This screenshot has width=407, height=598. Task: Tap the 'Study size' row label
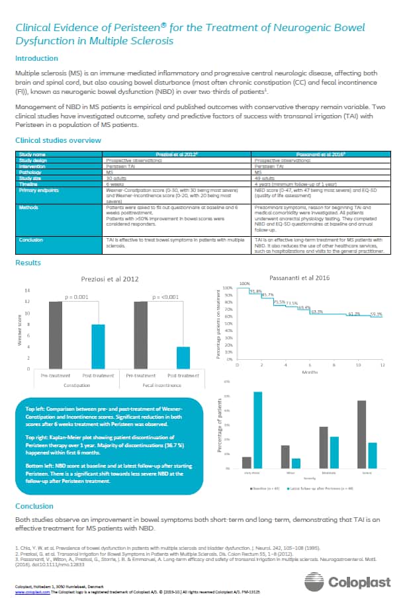tap(33, 178)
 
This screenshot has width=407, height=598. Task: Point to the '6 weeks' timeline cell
tap(116, 183)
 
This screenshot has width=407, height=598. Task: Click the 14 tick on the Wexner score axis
tap(26, 291)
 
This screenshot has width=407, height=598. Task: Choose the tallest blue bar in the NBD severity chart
tap(257, 430)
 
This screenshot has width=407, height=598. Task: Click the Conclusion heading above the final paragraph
tap(34, 507)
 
